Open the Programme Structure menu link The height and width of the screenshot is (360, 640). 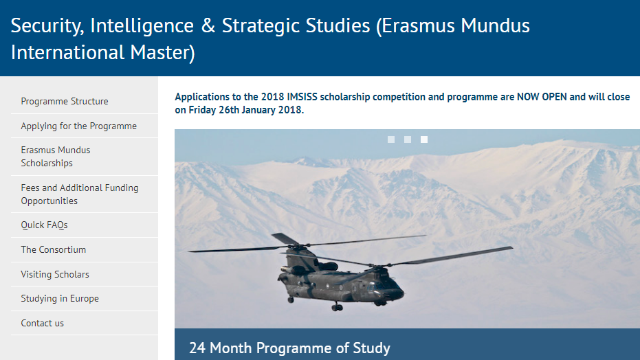[65, 102]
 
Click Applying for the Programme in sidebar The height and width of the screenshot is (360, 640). [78, 126]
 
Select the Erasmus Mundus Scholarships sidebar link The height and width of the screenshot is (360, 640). [56, 157]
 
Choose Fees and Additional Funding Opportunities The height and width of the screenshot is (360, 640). [79, 194]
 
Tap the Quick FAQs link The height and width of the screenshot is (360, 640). [44, 225]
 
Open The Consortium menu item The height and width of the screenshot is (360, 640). [53, 250]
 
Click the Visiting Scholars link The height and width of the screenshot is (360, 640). [55, 275]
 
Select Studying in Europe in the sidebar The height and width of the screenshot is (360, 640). [60, 299]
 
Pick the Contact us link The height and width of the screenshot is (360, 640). [42, 324]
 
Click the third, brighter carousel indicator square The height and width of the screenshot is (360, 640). [424, 139]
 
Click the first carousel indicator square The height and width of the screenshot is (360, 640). [391, 139]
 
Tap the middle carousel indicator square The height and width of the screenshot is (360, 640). [408, 139]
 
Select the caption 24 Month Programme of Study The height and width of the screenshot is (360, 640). [289, 348]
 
